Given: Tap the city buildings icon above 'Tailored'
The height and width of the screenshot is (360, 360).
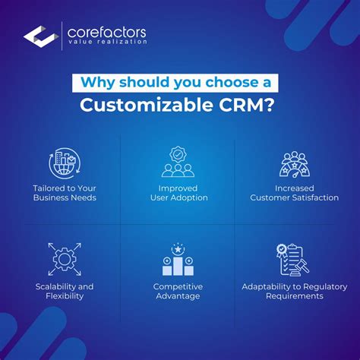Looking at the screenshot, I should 65,163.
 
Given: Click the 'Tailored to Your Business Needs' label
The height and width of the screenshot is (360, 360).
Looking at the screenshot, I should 65,192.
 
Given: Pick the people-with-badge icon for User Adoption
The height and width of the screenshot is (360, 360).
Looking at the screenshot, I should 178,162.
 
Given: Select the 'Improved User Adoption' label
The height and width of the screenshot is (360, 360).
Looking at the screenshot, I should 178,192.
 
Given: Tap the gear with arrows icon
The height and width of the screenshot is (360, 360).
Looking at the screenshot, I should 65,258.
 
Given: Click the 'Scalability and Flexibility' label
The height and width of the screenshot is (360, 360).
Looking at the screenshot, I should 65,291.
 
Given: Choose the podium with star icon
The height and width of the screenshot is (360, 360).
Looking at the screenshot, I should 178,258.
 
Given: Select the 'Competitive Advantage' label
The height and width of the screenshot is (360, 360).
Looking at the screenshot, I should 178,291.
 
